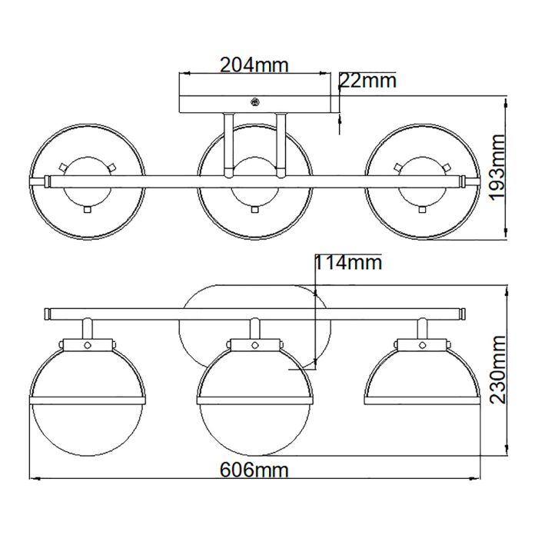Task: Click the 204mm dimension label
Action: coord(254,65)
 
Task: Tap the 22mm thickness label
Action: coord(368,81)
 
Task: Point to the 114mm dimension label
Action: coord(348,264)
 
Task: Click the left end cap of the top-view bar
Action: coord(47,181)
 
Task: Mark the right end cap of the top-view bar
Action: coord(463,181)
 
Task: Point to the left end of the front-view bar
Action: coord(47,314)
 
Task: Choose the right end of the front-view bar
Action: coord(463,314)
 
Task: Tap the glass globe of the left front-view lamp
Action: coord(85,427)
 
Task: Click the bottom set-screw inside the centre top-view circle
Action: coord(254,208)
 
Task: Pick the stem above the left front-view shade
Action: coord(87,330)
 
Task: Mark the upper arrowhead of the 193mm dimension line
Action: coord(505,101)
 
